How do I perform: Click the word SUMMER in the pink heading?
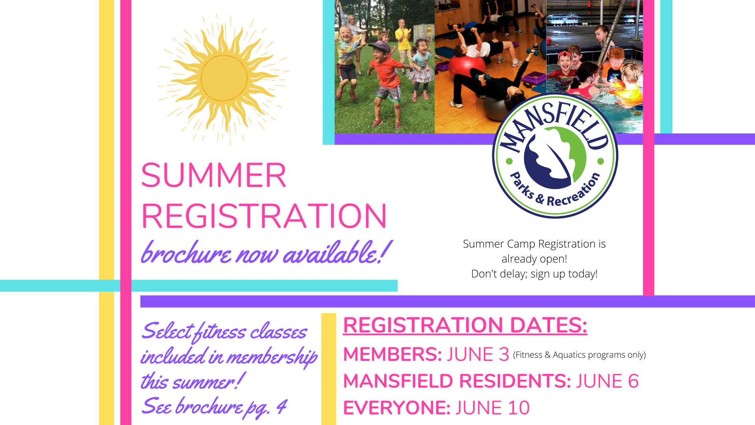tap(214, 176)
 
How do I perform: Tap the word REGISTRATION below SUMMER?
tap(264, 216)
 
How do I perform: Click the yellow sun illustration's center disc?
tap(224, 78)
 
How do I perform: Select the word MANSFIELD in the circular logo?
tap(554, 126)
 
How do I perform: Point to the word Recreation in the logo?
tap(574, 193)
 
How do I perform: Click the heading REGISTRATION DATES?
tap(465, 325)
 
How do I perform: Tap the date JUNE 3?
tap(478, 355)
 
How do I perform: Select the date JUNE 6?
tap(608, 381)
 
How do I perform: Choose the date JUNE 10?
tap(493, 408)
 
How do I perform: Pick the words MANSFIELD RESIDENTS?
tap(457, 381)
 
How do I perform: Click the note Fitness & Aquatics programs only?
tap(579, 355)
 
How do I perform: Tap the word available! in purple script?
tap(337, 253)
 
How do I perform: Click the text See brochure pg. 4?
tap(214, 407)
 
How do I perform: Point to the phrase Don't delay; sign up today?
tap(534, 274)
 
